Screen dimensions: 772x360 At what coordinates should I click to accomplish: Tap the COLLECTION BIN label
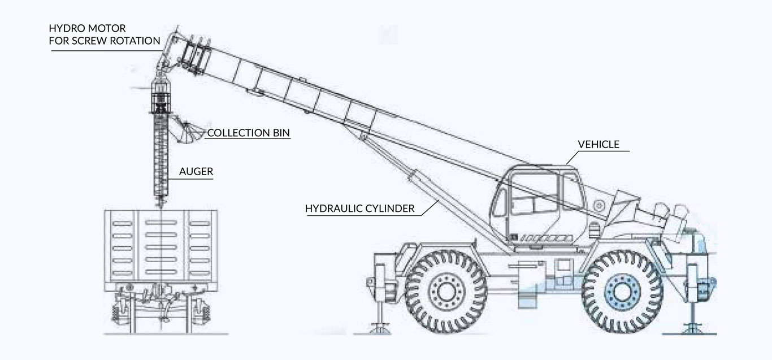(248, 133)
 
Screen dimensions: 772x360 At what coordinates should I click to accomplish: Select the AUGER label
(196, 172)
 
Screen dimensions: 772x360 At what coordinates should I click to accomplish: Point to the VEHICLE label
(598, 144)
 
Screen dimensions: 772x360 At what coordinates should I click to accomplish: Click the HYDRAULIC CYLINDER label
(360, 209)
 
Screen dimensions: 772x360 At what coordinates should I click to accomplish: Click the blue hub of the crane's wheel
(622, 292)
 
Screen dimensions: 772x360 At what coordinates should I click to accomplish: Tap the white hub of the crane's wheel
(446, 292)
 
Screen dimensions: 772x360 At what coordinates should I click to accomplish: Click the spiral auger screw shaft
(161, 158)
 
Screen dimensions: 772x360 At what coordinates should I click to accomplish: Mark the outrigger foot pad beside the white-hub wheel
(380, 328)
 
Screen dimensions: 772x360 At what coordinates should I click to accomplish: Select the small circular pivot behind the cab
(599, 206)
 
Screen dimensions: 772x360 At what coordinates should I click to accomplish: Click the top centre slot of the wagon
(161, 223)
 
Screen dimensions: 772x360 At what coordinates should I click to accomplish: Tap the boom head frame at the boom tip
(196, 56)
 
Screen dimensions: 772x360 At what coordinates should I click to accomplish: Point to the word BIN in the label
(281, 133)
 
